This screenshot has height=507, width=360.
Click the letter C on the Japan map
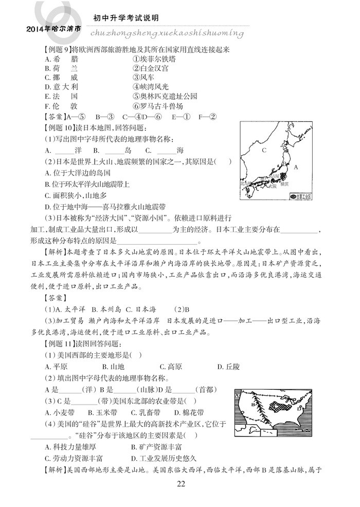263,150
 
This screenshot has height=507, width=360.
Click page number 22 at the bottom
180,483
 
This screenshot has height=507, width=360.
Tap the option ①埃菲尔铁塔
151,59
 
